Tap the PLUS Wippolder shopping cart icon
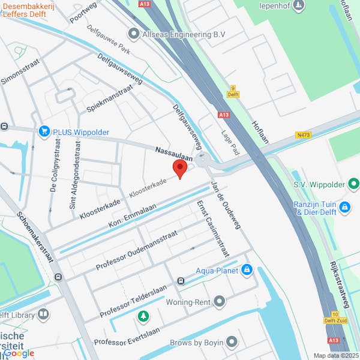point(43,131)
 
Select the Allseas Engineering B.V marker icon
point(133,34)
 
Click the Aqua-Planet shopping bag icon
point(247,271)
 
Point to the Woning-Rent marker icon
point(220,301)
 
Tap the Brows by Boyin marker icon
point(232,343)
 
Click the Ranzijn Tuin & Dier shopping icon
point(344,208)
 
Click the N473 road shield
point(304,136)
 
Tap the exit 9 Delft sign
point(233,91)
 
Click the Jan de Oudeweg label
point(226,205)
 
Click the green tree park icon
point(143,316)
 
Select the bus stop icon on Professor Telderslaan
point(181,281)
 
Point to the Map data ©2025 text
point(336,355)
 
